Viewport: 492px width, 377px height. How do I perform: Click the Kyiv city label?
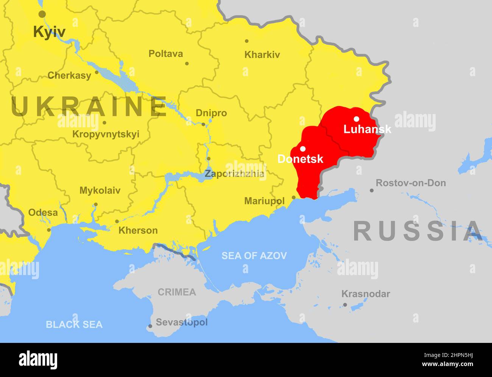[49, 32]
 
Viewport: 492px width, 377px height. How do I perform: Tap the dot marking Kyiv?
[42, 14]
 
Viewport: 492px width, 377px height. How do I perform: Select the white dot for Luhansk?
[357, 119]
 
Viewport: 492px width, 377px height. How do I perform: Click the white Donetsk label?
[300, 159]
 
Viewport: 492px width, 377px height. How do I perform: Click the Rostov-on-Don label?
[411, 183]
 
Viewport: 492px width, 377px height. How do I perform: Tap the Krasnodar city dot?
[345, 305]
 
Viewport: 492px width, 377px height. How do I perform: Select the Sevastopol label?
[182, 322]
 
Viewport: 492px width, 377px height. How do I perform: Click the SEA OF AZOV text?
[254, 256]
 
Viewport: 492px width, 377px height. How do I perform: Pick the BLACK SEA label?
[74, 324]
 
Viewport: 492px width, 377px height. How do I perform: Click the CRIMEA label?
[177, 292]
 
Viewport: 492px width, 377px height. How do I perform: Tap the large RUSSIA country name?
[418, 231]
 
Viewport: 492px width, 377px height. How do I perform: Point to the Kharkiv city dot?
[247, 41]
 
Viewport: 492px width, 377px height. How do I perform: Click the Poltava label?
[165, 53]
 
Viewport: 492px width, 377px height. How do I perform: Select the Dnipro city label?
[211, 113]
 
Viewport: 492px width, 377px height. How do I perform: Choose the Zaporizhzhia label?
[235, 174]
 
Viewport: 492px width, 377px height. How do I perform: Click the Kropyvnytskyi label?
[106, 134]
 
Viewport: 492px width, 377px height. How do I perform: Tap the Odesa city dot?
[49, 230]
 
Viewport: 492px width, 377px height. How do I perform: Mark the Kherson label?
[138, 230]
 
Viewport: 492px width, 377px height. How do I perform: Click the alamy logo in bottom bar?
[38, 360]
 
